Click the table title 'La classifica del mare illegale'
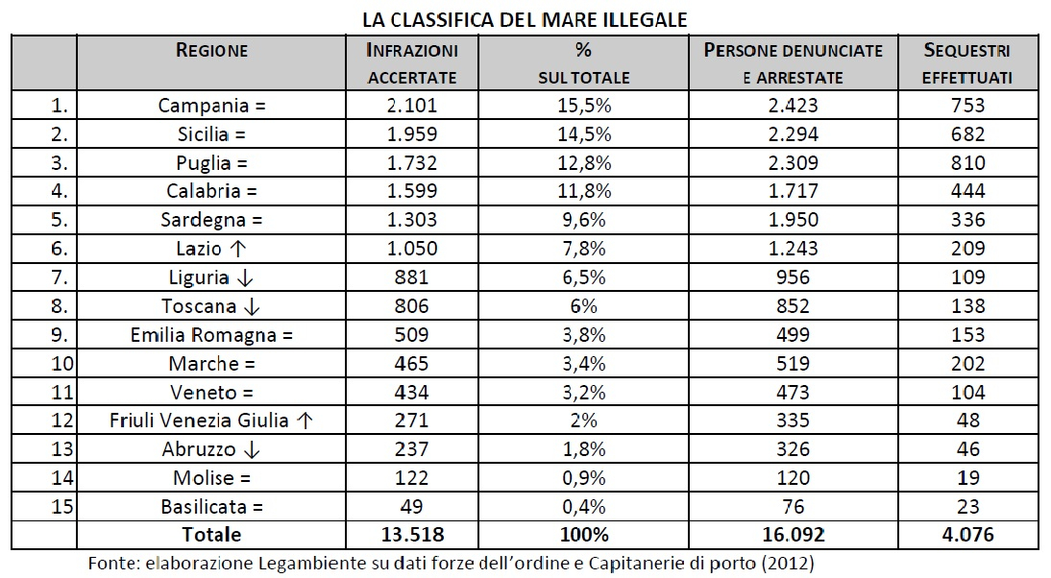(x=525, y=19)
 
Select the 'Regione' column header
(x=211, y=50)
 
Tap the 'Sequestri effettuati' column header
(x=967, y=63)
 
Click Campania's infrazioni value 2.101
(x=412, y=106)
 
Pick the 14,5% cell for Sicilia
(x=584, y=134)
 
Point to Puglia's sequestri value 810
(x=967, y=163)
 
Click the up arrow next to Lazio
(x=238, y=249)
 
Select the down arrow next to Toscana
(x=252, y=306)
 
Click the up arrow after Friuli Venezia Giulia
(x=305, y=421)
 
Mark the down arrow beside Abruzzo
(x=252, y=450)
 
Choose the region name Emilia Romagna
(x=203, y=335)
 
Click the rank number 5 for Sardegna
(x=60, y=220)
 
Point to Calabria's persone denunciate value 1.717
(x=794, y=191)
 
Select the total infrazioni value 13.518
(x=412, y=535)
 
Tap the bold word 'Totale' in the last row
(x=211, y=535)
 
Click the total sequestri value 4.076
(x=967, y=535)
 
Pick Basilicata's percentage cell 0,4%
(x=584, y=506)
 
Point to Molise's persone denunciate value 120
(x=794, y=477)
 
